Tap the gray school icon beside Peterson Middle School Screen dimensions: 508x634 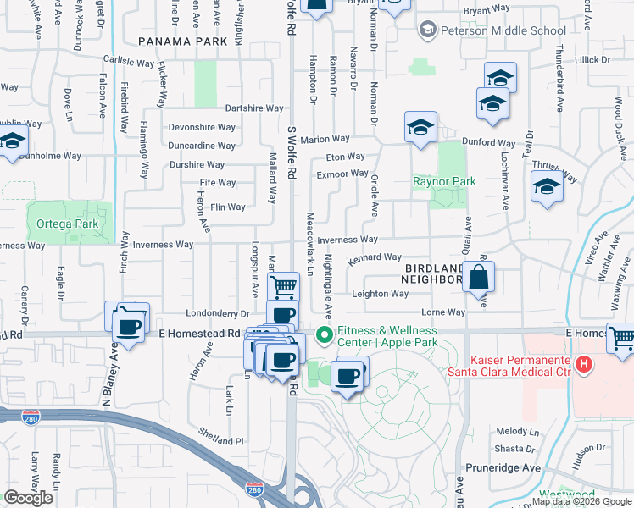(x=428, y=31)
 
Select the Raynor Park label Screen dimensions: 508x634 (x=444, y=181)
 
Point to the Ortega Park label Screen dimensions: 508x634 (x=68, y=224)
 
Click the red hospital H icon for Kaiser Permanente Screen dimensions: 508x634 (x=583, y=365)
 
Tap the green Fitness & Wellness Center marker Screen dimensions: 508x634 (x=323, y=336)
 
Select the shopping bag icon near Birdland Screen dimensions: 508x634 (x=479, y=277)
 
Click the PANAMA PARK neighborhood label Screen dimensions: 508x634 (x=182, y=41)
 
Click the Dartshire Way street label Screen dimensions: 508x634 (x=254, y=108)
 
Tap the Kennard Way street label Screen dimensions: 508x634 (x=374, y=257)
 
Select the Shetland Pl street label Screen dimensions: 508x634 (x=222, y=441)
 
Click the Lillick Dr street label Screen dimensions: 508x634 (x=592, y=60)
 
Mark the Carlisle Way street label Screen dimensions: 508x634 (x=129, y=63)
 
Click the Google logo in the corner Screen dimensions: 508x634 (x=28, y=498)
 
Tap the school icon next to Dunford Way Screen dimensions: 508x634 (x=420, y=128)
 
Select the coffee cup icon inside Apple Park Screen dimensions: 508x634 (x=347, y=376)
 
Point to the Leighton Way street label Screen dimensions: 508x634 (x=381, y=295)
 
